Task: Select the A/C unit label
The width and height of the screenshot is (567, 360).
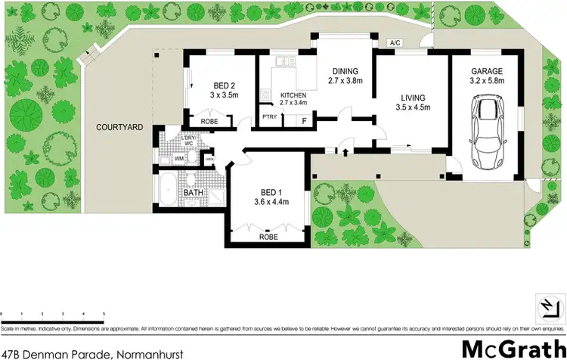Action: point(394,43)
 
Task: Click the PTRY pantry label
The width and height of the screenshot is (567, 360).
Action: point(269,117)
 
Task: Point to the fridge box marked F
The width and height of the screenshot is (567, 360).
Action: point(304,119)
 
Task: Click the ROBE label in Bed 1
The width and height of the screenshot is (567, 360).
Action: point(268,236)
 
